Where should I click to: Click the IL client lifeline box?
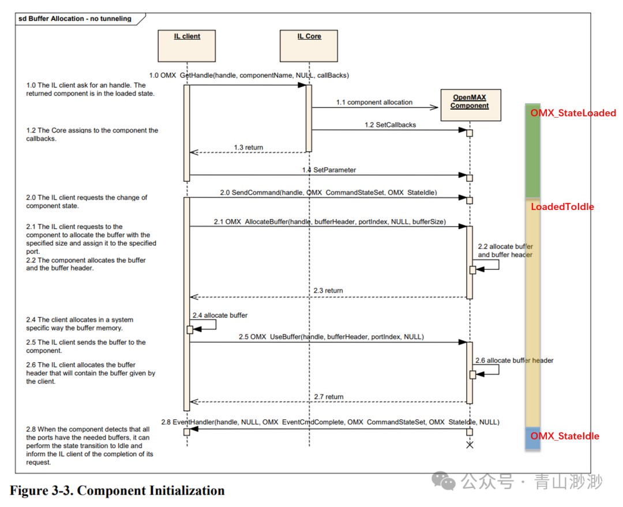point(187,46)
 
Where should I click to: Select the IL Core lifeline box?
point(309,46)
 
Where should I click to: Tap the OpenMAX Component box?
point(470,104)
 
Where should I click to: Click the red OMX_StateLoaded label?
point(573,113)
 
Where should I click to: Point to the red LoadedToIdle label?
point(562,206)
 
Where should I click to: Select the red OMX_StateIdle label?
point(564,436)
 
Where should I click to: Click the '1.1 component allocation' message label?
point(374,102)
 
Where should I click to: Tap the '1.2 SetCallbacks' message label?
point(390,125)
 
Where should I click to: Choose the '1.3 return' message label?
point(248,148)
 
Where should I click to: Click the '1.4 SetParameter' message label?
point(329,170)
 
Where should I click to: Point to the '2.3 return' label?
point(328,291)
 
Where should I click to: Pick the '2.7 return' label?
point(329,397)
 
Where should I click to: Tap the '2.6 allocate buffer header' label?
point(514,360)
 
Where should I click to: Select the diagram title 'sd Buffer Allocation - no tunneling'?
point(75,18)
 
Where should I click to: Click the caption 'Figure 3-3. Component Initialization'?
point(117,491)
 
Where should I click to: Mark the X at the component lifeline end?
point(470,445)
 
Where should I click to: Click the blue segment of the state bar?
point(532,438)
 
